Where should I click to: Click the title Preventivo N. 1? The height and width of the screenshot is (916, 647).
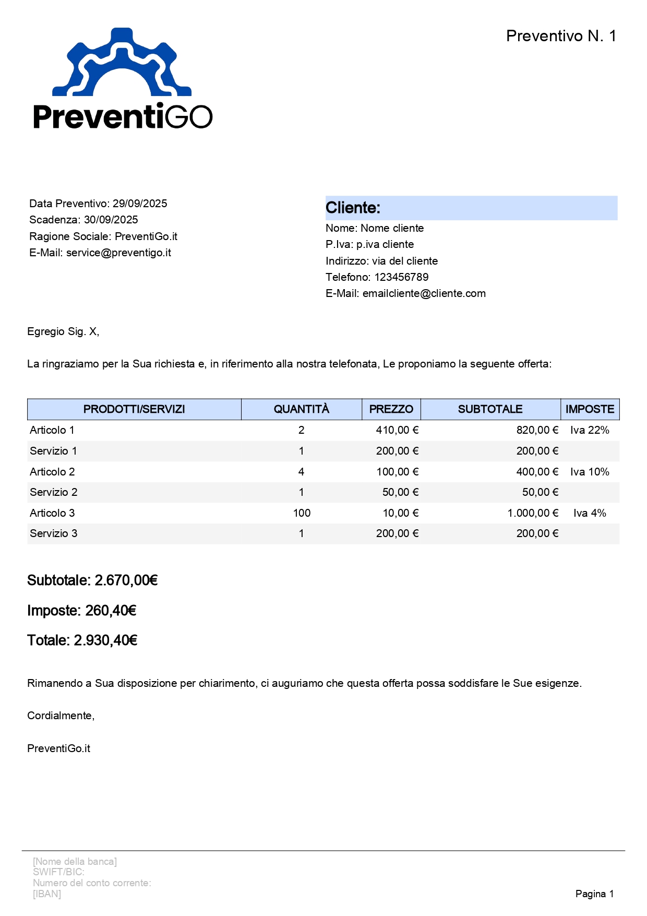click(561, 36)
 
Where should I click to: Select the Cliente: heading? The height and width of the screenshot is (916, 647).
click(353, 208)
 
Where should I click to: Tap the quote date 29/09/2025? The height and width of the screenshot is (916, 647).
click(140, 204)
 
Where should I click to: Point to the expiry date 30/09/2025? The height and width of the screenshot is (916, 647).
click(111, 220)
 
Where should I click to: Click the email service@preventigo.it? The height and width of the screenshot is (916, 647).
click(118, 253)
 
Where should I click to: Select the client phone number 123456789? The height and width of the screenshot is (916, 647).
click(401, 277)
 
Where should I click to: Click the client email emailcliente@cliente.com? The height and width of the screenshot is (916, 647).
click(424, 293)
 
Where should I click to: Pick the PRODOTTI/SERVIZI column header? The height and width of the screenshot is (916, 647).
click(134, 409)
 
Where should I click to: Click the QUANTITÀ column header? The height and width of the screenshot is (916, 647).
click(302, 409)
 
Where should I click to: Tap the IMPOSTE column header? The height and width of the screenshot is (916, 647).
click(590, 409)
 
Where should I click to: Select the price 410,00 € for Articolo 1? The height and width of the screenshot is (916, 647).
click(397, 430)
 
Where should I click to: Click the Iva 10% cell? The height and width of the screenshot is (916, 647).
click(590, 472)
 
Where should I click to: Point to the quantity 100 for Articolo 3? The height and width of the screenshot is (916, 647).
click(302, 513)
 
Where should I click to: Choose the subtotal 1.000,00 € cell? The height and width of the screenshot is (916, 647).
click(532, 513)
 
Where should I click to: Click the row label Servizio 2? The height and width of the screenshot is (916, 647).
click(54, 492)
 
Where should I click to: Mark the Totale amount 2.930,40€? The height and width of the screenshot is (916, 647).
click(105, 640)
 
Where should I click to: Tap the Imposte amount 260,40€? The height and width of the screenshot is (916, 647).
click(111, 611)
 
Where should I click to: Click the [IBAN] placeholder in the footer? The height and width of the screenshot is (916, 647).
click(47, 894)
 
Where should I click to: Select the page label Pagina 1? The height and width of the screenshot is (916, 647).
click(594, 894)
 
